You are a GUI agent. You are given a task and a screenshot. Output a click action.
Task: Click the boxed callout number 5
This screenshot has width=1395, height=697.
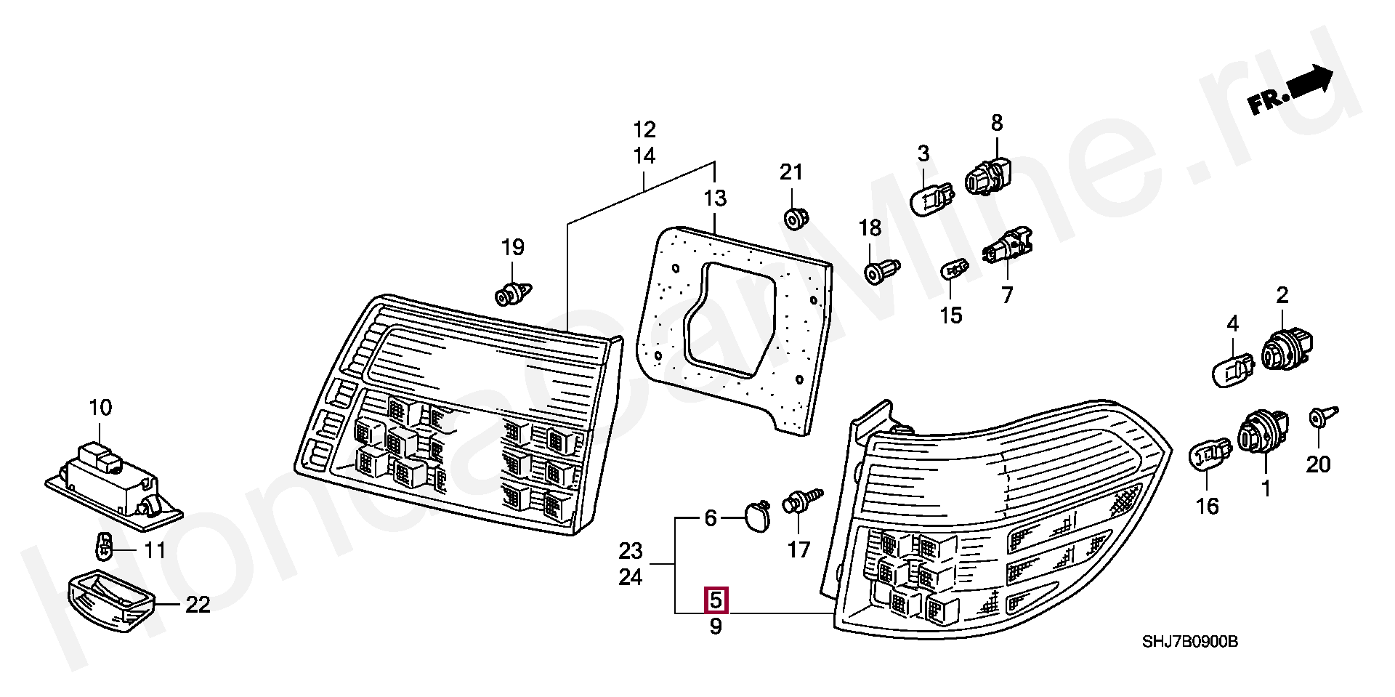pos(716,600)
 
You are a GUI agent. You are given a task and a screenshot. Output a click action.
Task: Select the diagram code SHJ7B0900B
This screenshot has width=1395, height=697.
pos(1189,642)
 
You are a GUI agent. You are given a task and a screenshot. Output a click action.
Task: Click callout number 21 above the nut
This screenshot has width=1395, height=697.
pos(790,172)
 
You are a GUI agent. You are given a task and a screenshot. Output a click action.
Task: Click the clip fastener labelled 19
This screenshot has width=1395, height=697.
pos(513,294)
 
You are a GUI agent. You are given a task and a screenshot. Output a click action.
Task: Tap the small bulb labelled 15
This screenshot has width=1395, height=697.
pos(954,270)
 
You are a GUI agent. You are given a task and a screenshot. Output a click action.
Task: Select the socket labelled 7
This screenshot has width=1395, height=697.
pos(1007,246)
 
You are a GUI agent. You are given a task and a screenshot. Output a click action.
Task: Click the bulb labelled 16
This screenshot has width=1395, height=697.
pos(1210,456)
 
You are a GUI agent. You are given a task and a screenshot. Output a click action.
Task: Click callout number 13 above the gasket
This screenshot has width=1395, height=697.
pos(715,198)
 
